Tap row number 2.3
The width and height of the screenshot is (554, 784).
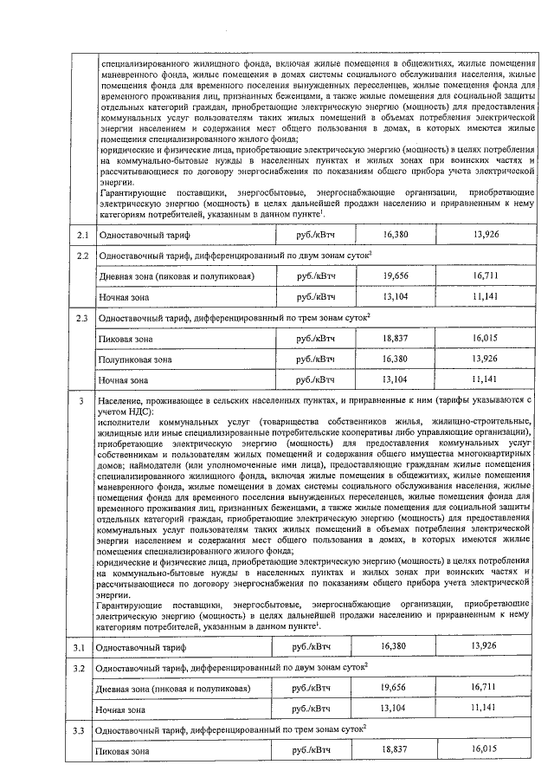[x=82, y=319]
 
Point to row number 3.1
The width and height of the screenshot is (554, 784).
[x=81, y=647]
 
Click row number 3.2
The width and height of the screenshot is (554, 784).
[x=81, y=668]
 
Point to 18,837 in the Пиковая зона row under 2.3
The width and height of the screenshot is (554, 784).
[x=392, y=338]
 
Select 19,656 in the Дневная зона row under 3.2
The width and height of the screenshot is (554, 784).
[x=392, y=688]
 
